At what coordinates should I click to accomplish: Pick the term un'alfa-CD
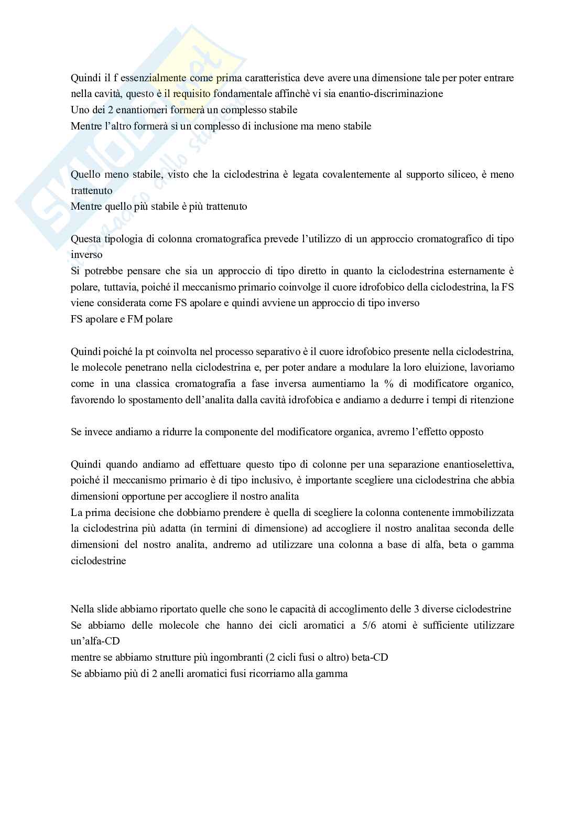(95, 641)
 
